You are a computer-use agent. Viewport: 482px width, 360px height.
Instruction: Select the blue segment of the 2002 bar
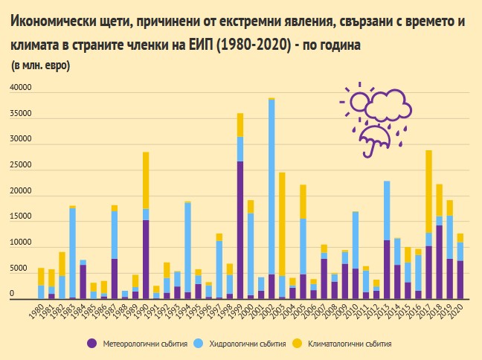271,186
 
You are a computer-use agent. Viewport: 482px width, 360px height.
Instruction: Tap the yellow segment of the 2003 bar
282,223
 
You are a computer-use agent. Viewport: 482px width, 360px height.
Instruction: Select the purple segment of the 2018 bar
439,261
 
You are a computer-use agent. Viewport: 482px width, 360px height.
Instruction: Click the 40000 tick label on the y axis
21,89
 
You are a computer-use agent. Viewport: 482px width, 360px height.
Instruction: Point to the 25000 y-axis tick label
21,166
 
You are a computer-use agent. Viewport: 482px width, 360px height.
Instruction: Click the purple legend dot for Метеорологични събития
91,343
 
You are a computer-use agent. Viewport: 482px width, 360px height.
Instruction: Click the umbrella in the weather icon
370,135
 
